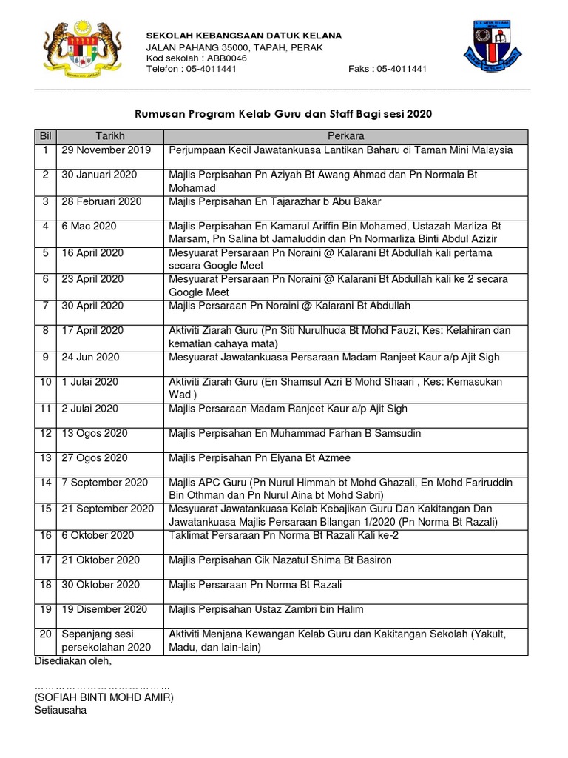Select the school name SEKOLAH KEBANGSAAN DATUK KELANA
pyautogui.click(x=243, y=35)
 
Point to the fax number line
pyautogui.click(x=387, y=69)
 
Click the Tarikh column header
pyautogui.click(x=110, y=136)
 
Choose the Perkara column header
pyautogui.click(x=346, y=136)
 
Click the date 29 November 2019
pyautogui.click(x=107, y=150)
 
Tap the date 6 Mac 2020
pyautogui.click(x=89, y=227)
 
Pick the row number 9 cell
pyautogui.click(x=45, y=357)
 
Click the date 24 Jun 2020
pyautogui.click(x=91, y=357)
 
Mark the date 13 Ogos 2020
pyautogui.click(x=95, y=433)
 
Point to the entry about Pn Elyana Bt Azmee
pyautogui.click(x=260, y=458)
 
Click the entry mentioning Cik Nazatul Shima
pyautogui.click(x=280, y=560)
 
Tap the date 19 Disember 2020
pyautogui.click(x=105, y=610)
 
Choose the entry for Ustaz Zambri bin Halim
pyautogui.click(x=266, y=610)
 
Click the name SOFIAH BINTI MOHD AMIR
pyautogui.click(x=104, y=698)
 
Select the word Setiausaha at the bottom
pyautogui.click(x=61, y=710)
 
